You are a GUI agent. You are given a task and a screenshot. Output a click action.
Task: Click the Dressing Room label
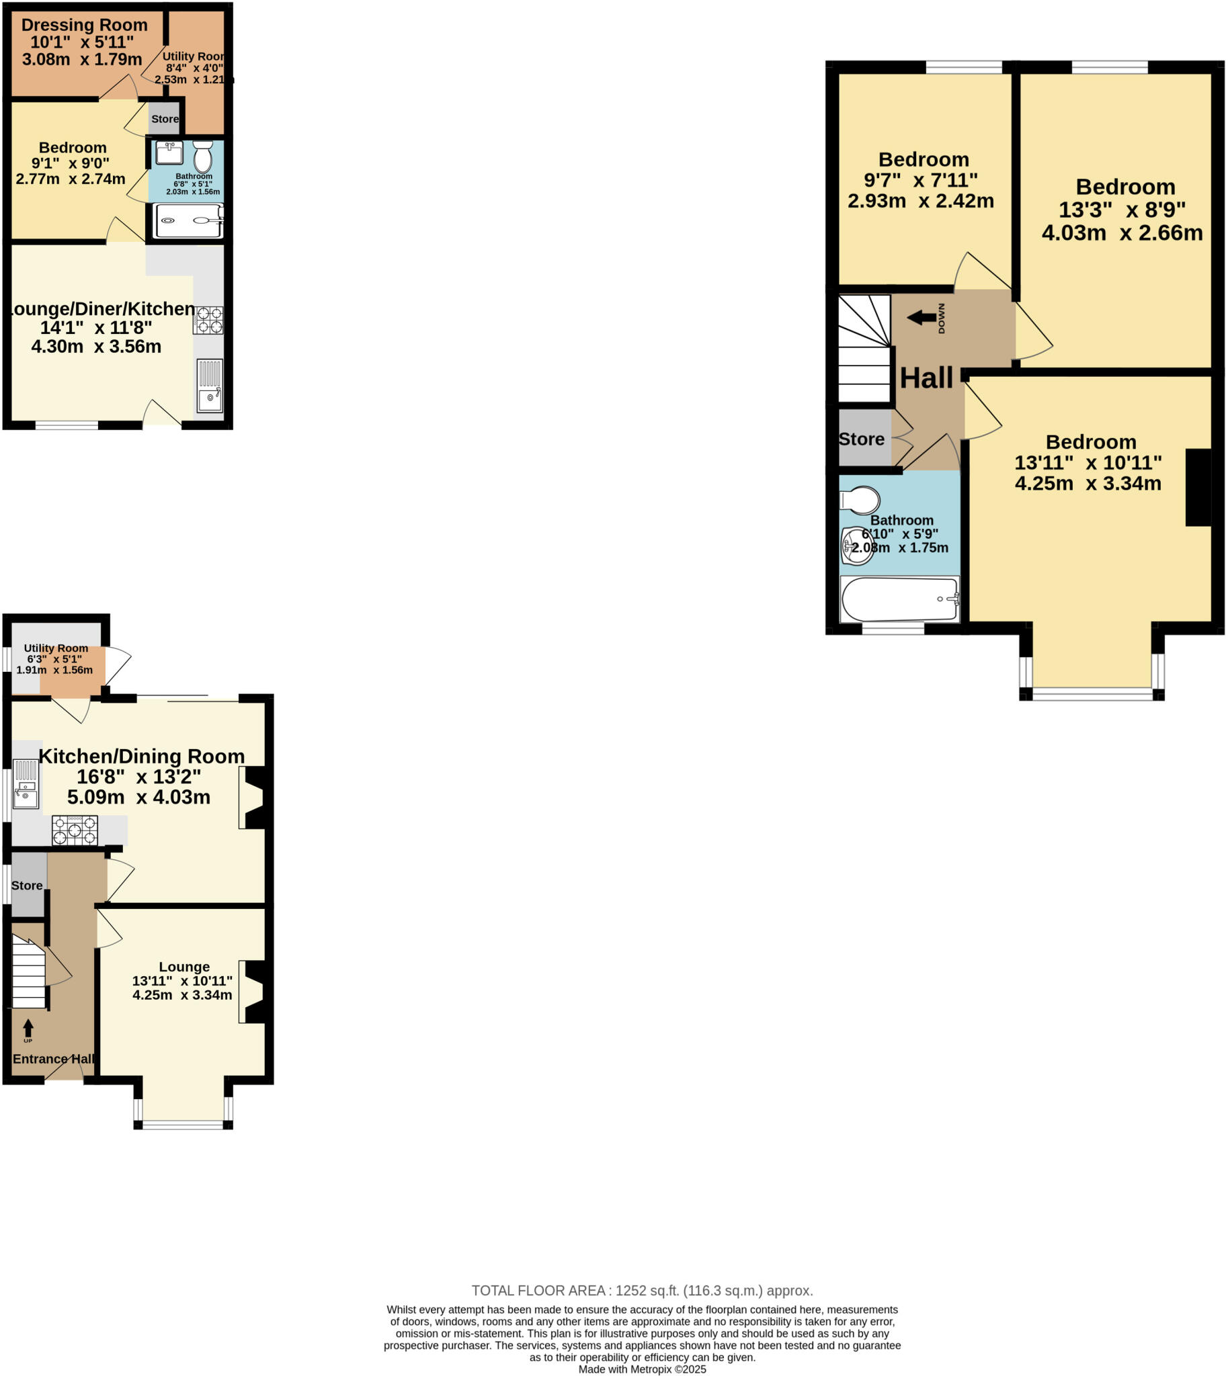(84, 25)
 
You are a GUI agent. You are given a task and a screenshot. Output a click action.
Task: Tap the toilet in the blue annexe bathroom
(202, 158)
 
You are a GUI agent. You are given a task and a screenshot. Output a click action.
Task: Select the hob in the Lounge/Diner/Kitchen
(208, 320)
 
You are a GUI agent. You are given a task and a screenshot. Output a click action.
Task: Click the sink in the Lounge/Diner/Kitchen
(210, 385)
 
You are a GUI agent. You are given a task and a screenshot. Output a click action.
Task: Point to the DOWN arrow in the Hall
(922, 317)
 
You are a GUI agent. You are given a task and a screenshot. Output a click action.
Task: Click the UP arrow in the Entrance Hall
(28, 1028)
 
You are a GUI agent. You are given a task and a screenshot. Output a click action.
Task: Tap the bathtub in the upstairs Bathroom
(899, 599)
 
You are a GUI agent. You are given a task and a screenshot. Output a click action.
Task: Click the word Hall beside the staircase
(926, 378)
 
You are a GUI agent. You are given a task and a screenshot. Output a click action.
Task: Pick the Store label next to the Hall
(861, 439)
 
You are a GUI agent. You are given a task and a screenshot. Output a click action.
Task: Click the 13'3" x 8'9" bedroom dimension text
(1122, 210)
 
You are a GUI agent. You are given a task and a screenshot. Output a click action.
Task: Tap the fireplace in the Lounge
(253, 992)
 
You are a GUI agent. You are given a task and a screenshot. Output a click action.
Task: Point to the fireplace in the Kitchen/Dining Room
(253, 800)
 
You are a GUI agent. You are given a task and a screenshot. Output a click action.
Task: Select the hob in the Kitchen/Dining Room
(75, 830)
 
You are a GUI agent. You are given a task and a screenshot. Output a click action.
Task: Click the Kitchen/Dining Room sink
(26, 785)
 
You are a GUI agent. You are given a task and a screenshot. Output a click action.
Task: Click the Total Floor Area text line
(642, 1291)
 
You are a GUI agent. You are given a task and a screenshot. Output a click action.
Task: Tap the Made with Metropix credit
(642, 1369)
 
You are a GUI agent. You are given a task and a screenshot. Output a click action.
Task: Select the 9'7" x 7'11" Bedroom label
(923, 160)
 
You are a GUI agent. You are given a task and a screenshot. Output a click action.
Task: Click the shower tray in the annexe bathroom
(189, 220)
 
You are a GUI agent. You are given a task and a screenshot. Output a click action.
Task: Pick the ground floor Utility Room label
(56, 648)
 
